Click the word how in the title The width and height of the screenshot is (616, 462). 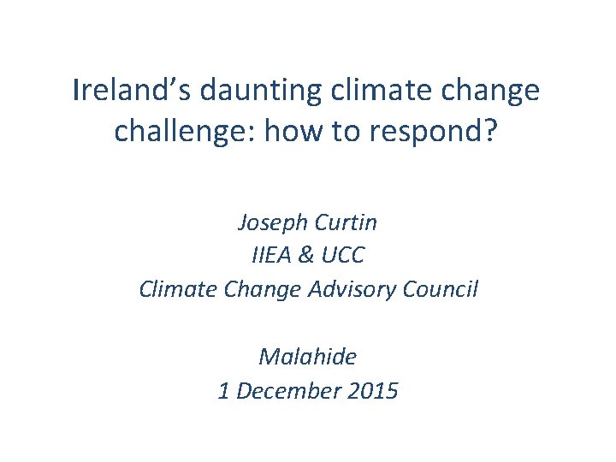[x=287, y=130]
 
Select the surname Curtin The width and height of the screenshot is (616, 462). [x=347, y=223]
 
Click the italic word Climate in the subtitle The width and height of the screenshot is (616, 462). [x=175, y=289]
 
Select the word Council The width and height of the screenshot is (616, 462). [x=441, y=289]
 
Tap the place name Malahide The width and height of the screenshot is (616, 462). [x=307, y=356]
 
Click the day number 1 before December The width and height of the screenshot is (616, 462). [x=223, y=391]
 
